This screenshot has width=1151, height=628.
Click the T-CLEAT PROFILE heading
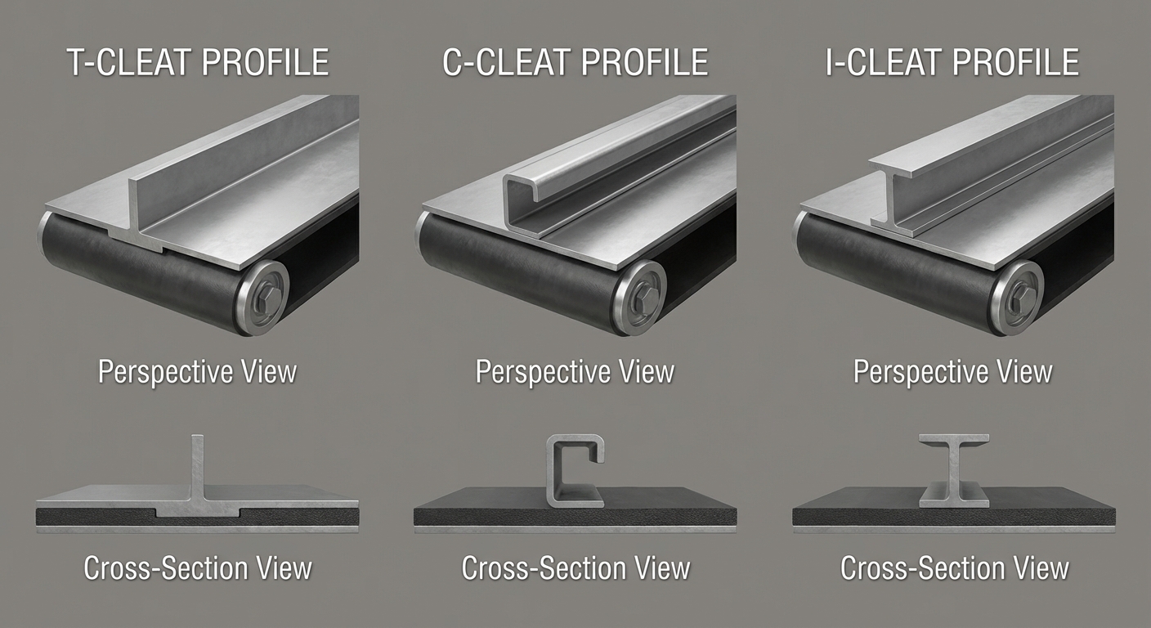(x=197, y=64)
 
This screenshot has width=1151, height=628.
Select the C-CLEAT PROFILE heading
(x=575, y=64)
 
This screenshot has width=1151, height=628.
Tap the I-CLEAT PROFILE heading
(x=952, y=64)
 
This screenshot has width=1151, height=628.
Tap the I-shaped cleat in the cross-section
(x=953, y=471)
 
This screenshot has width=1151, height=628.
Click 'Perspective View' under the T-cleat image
(x=197, y=372)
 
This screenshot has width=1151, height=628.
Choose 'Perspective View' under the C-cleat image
(x=575, y=372)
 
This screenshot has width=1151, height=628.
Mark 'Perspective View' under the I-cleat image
(x=952, y=372)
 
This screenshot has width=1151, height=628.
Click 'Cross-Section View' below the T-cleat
(x=197, y=568)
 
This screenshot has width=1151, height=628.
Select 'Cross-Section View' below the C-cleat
(x=575, y=568)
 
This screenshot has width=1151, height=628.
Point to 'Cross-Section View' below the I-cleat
(x=954, y=568)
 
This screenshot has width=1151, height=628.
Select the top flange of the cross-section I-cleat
(x=953, y=439)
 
